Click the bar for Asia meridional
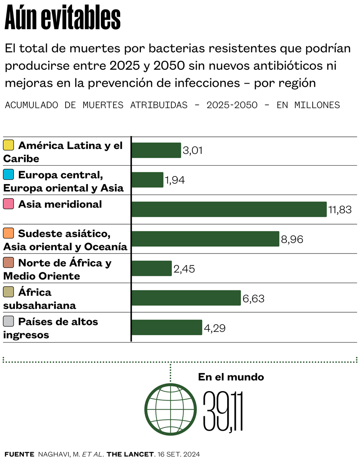[x=229, y=209]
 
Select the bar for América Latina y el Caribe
[x=156, y=150]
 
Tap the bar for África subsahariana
[x=186, y=298]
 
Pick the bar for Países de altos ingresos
[x=166, y=328]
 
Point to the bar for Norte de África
[x=152, y=268]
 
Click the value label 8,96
[x=292, y=239]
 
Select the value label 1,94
[x=175, y=180]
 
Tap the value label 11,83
[x=340, y=210]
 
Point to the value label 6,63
[x=253, y=298]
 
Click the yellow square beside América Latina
[x=8, y=145]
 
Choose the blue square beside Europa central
[x=8, y=175]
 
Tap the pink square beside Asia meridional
[x=8, y=204]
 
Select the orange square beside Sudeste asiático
[x=8, y=234]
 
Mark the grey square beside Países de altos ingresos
[x=8, y=322]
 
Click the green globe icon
[x=170, y=410]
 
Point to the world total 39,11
[x=223, y=411]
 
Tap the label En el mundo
[x=231, y=377]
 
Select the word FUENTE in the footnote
[x=19, y=454]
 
